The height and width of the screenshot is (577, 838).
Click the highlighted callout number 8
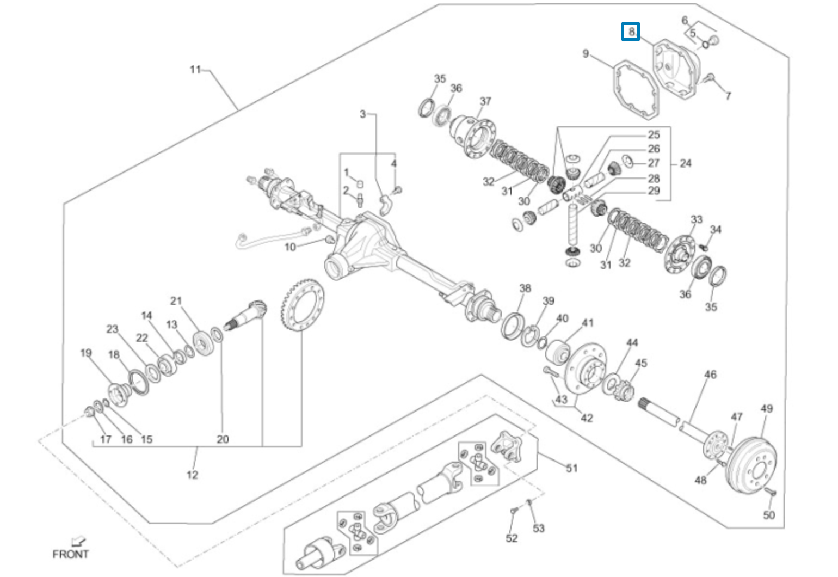[x=631, y=32]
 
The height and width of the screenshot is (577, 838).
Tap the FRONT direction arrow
[x=79, y=542]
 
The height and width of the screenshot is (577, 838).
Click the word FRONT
[x=70, y=554]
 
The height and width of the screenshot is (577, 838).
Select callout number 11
[x=195, y=70]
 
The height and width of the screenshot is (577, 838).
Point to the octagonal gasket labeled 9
[x=636, y=90]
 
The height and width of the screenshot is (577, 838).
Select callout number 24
[x=686, y=163]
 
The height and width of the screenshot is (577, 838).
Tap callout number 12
[x=192, y=475]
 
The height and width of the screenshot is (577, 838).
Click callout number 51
[x=571, y=468]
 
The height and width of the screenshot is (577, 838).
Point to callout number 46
[x=710, y=375]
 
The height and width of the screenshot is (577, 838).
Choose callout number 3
[x=362, y=114]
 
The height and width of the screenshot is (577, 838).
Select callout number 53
[x=538, y=528]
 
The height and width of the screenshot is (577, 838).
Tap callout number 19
[x=86, y=353]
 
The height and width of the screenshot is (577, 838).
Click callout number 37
[x=485, y=101]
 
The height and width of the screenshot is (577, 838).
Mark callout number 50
[x=768, y=515]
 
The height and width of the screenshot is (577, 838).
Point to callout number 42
[x=587, y=418]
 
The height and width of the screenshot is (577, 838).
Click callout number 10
[x=290, y=247]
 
